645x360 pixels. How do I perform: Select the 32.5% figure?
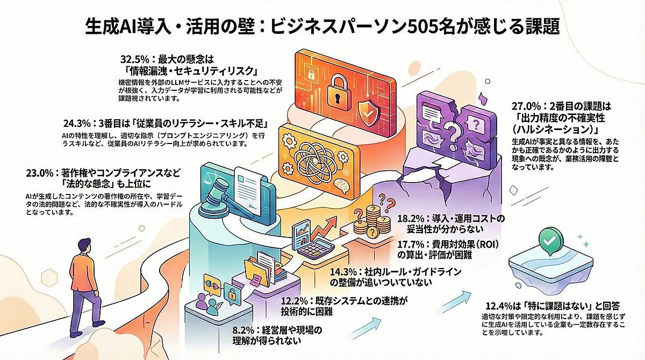tap(135, 60)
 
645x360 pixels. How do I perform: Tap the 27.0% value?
tap(526, 106)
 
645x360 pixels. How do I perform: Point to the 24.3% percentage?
tap(77, 124)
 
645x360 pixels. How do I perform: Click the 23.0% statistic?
tap(40, 173)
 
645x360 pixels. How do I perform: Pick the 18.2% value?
tap(411, 218)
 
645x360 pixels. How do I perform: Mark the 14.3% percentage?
tap(343, 271)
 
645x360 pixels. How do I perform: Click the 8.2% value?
tap(243, 330)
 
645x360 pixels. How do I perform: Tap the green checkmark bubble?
tap(551, 241)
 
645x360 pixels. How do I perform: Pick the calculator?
tap(316, 248)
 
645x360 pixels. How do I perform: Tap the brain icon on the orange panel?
tap(341, 185)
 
